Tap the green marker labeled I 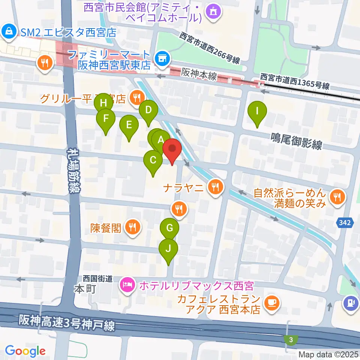(257, 111)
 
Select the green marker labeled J (168, 249)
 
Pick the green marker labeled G (169, 228)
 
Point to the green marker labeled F (106, 119)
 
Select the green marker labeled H (103, 102)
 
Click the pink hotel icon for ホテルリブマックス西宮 (127, 285)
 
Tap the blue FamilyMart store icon (162, 58)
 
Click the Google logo (25, 351)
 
